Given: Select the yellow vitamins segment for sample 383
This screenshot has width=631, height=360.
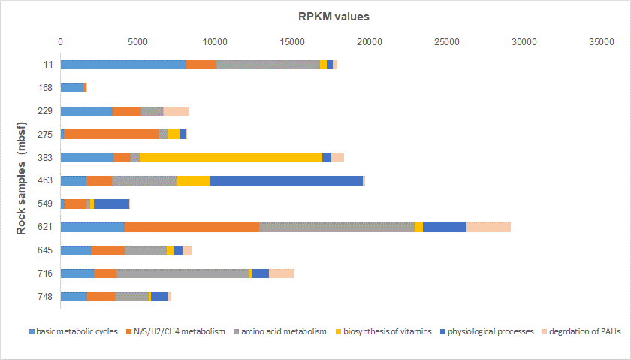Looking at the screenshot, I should [x=231, y=157].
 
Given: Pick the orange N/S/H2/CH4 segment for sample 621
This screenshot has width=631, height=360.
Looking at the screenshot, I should [x=192, y=227].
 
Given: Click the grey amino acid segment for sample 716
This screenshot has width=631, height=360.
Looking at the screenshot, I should [x=183, y=274].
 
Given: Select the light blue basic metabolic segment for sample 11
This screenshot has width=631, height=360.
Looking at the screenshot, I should [x=123, y=65].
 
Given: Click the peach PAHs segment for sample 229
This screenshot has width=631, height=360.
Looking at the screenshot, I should [x=177, y=111].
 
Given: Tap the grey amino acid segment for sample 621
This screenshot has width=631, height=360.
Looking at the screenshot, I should [x=337, y=227].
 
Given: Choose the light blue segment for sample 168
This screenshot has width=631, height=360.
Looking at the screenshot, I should [x=72, y=88].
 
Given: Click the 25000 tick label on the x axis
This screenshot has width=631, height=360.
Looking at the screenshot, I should [x=446, y=42].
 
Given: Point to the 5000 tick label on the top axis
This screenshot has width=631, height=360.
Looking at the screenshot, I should [x=137, y=42].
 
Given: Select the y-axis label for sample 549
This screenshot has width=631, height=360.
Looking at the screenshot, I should [x=47, y=204].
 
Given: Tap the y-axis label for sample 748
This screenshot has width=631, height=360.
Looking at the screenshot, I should [x=47, y=297].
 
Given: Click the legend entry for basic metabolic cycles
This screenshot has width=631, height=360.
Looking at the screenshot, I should [x=72, y=331].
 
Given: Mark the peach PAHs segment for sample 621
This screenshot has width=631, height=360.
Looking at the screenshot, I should [x=488, y=227].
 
